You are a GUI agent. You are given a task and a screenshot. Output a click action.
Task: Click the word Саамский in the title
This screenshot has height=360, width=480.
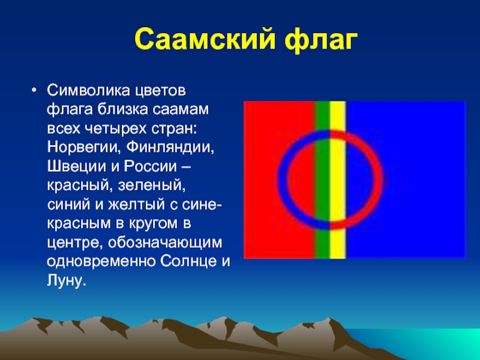point(205,39)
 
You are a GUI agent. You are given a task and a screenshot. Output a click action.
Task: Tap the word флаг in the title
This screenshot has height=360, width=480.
point(321,40)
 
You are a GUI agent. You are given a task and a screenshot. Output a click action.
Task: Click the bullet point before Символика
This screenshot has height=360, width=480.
point(34,91)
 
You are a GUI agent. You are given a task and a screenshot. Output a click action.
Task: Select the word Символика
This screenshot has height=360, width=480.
point(88,91)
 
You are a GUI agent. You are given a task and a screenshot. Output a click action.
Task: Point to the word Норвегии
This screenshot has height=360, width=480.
point(82,148)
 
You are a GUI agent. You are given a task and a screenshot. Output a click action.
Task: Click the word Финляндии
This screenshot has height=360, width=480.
point(170,148)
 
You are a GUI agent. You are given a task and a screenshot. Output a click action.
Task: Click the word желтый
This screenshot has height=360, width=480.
point(136,205)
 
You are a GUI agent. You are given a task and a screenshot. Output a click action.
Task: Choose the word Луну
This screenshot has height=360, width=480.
point(65,281)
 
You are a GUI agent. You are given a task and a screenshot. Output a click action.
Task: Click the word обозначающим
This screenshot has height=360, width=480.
point(164,243)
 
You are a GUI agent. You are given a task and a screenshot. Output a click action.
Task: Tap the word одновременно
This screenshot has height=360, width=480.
point(101,262)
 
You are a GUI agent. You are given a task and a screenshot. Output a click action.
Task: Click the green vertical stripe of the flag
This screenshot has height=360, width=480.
point(322,180)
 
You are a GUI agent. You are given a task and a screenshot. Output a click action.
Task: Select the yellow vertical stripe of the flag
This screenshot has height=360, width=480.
point(338,180)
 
